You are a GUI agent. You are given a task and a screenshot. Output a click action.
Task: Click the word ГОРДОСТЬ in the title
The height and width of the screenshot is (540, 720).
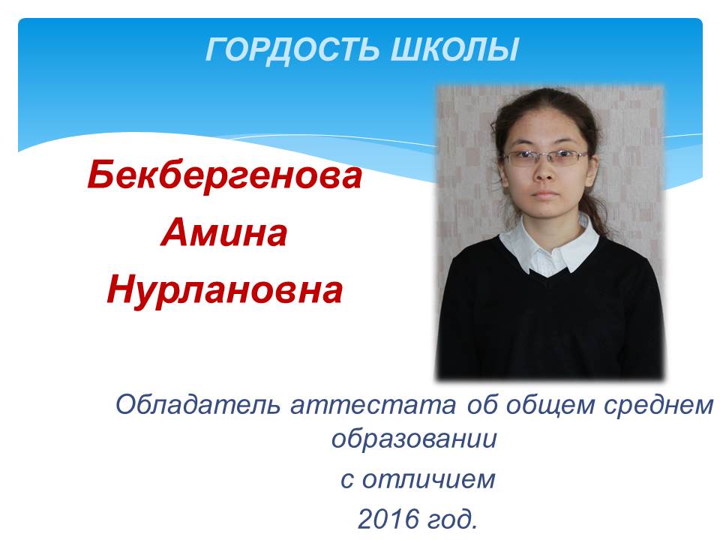tap(292, 49)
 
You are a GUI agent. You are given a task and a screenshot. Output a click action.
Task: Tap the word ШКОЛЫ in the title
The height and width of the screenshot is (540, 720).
tap(454, 49)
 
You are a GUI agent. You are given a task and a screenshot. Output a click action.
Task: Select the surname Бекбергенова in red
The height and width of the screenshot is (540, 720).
tap(224, 175)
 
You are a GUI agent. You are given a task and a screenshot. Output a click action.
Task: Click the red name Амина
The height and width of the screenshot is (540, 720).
tap(224, 233)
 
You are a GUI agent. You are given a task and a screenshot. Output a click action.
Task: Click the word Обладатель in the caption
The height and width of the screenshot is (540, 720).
tap(197, 405)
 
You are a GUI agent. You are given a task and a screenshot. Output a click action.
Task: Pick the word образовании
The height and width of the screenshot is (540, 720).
tap(414, 439)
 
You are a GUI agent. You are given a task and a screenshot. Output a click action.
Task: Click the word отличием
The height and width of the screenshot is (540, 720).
tap(429, 480)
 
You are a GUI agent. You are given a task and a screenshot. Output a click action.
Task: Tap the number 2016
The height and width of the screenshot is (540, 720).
tap(388, 519)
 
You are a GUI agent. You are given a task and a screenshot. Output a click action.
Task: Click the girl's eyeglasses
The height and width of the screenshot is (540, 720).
tap(545, 157)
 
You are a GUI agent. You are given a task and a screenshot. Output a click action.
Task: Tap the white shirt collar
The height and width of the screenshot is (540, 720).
tap(549, 246)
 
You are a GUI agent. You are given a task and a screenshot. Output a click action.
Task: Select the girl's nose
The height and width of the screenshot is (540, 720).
tap(544, 170)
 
